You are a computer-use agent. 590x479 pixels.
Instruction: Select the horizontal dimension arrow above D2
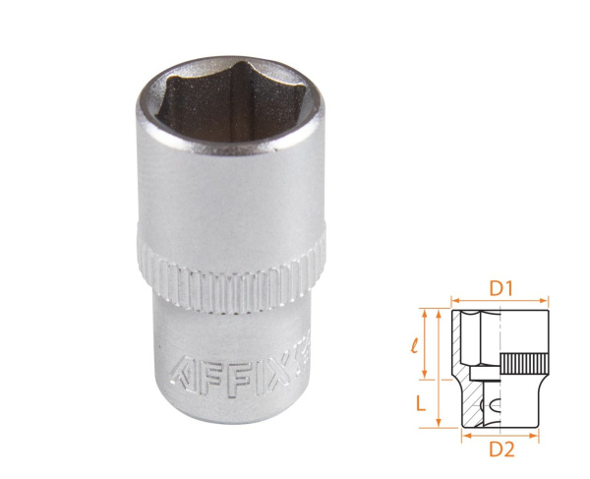501,434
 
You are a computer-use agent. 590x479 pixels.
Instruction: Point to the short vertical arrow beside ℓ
425,344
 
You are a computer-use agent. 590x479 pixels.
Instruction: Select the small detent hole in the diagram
494,404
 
